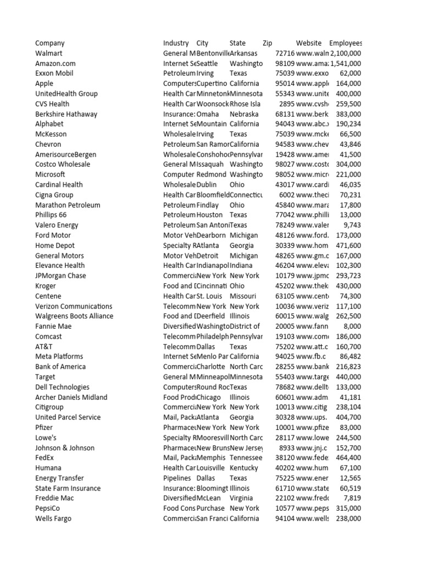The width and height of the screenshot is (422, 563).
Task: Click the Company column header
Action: [50, 43]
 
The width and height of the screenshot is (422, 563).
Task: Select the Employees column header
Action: [346, 43]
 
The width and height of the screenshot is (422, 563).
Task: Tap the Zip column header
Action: [268, 43]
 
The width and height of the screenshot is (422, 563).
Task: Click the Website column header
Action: [309, 43]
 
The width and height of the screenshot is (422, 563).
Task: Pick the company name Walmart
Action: [49, 53]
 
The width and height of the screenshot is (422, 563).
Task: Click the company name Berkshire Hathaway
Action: [66, 114]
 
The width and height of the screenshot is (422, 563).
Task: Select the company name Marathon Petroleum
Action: [68, 205]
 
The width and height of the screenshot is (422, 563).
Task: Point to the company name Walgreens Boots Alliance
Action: [74, 316]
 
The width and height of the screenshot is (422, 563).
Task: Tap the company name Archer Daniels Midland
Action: [71, 398]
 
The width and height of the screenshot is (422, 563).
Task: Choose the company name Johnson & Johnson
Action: [65, 448]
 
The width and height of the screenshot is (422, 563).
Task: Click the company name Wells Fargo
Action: [53, 518]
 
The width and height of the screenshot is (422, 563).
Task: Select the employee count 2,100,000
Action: [346, 53]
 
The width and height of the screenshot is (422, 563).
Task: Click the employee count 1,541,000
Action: [346, 64]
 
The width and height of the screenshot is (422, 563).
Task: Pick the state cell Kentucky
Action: [243, 468]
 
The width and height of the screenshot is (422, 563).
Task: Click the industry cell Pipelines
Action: [177, 478]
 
